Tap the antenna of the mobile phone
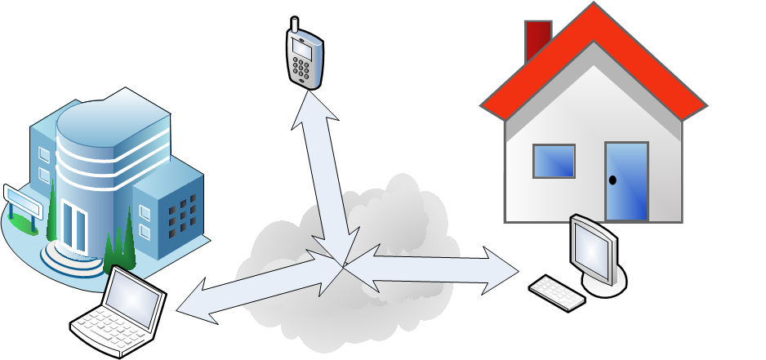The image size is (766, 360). point(294,24)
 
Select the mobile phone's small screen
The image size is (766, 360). point(302,48)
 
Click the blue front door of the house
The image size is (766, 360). point(626,181)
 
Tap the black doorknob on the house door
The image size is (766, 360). point(612,180)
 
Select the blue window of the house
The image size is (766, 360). point(554,161)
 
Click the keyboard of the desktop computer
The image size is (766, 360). point(557,293)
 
